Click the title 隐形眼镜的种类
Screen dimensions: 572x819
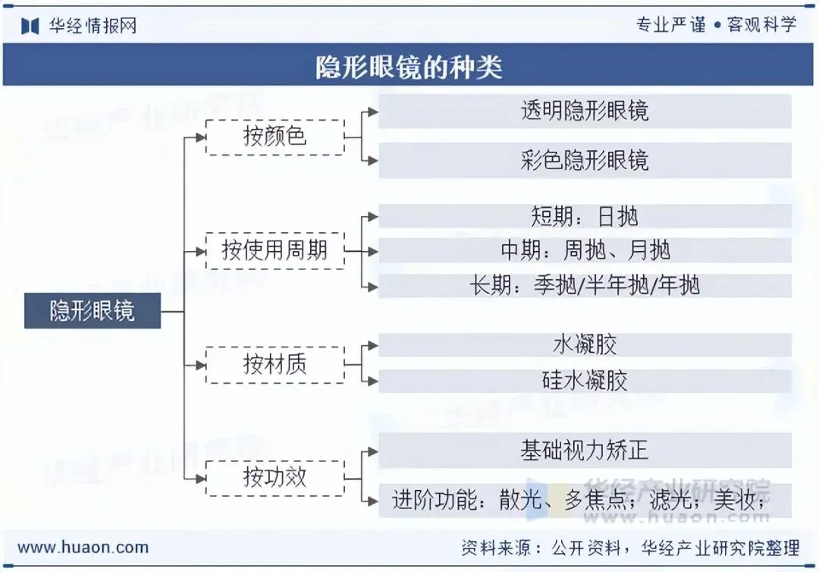(409, 68)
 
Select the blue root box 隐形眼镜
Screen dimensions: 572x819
(93, 311)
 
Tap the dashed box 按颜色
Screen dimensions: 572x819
(275, 137)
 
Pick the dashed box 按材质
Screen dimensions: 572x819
(275, 365)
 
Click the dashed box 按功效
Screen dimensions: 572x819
(275, 477)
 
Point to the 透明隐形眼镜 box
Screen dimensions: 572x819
(585, 112)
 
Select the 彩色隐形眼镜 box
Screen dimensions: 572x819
(585, 160)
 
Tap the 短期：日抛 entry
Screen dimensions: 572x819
(585, 217)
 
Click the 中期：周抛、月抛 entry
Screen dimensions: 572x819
(585, 250)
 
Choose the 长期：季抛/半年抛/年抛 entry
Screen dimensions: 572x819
(585, 285)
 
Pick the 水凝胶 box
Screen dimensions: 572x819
(585, 345)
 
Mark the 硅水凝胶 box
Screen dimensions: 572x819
(585, 380)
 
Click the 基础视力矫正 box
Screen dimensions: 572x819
(585, 451)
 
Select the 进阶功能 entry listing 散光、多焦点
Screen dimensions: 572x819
(585, 499)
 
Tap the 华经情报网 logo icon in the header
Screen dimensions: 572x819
(30, 26)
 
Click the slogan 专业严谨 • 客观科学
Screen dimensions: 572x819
(716, 24)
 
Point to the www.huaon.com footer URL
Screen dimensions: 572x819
(83, 547)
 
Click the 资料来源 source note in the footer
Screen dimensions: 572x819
(629, 548)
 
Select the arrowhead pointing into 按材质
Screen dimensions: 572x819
(200, 365)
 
